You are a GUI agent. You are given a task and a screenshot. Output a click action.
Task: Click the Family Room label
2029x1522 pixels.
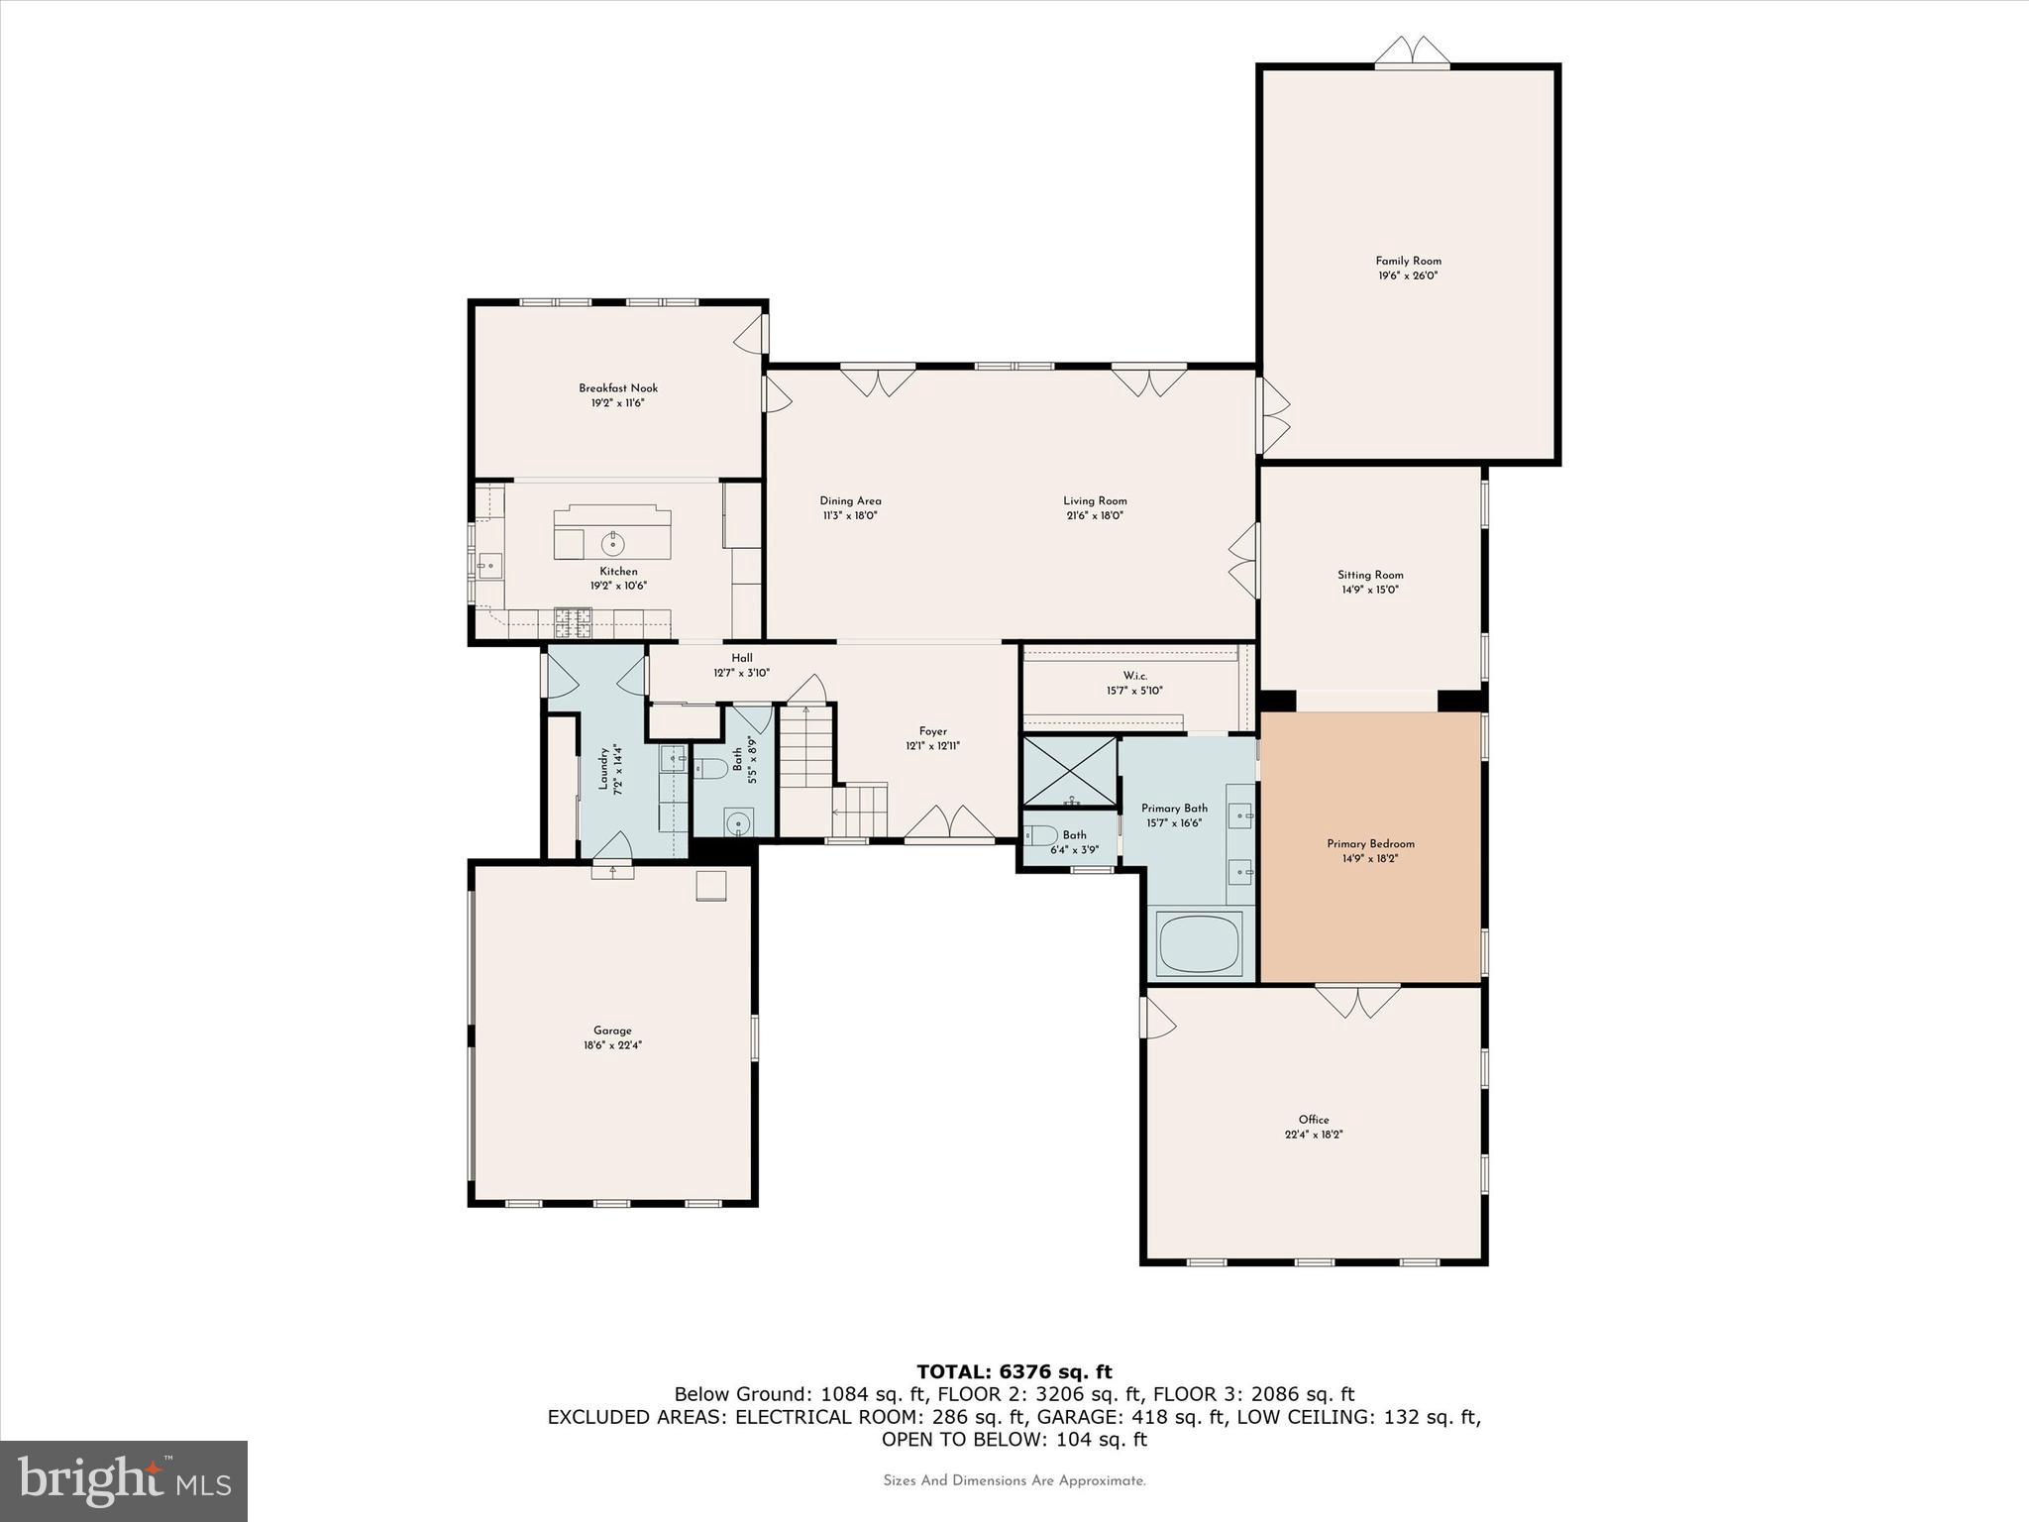tap(1408, 262)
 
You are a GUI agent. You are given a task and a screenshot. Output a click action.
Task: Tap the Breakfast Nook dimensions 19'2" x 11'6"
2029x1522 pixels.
tap(618, 403)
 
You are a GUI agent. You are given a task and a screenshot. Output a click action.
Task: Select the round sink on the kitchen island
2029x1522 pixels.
tap(613, 542)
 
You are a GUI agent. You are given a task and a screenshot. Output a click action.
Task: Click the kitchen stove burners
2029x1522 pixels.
tap(572, 621)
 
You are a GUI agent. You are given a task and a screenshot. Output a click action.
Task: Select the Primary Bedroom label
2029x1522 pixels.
tap(1370, 844)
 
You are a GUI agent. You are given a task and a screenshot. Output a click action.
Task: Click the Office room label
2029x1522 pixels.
tap(1314, 1120)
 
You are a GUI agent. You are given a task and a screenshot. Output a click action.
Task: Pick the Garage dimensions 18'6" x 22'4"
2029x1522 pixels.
tap(612, 1044)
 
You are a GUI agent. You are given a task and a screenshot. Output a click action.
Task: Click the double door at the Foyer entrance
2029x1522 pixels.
tap(950, 824)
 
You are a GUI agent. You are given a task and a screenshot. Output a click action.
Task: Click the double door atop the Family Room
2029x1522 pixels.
tap(1412, 54)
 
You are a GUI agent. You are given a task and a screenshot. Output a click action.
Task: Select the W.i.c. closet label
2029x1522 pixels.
tap(1134, 676)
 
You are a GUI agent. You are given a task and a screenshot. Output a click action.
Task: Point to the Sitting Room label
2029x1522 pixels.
tap(1370, 575)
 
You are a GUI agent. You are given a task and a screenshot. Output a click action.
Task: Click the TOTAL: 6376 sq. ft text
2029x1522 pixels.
tap(1014, 1371)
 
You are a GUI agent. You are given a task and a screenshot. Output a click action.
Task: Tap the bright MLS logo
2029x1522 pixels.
tap(124, 1480)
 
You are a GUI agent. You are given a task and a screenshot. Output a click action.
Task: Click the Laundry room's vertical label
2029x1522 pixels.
tap(602, 769)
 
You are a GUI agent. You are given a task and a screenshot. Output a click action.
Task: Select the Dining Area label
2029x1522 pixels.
tap(850, 501)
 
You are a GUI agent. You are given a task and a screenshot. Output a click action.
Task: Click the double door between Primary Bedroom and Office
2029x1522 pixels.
tap(1358, 1001)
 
